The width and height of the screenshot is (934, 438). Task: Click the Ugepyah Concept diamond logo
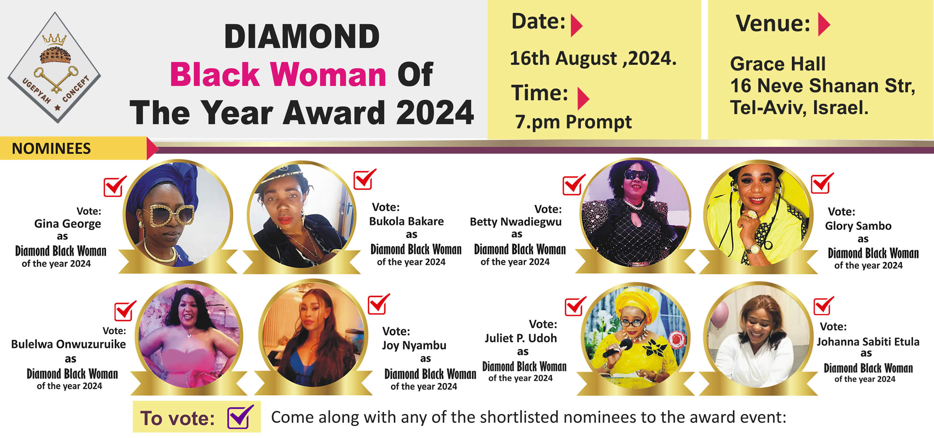coord(54,68)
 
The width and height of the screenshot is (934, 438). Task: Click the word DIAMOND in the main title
coord(302,36)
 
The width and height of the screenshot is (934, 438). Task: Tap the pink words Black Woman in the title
coord(278,74)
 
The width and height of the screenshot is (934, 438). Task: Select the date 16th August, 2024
coord(593,58)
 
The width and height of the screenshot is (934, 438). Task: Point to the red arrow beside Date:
coord(576,26)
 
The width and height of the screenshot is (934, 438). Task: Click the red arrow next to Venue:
coord(824,24)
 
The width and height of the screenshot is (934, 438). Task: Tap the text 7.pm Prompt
coord(573,122)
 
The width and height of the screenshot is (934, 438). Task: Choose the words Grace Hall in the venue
coord(778,64)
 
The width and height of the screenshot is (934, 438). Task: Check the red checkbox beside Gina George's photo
coord(115,187)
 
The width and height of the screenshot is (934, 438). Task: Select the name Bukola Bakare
coord(406,221)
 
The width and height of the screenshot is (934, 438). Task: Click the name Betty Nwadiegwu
coord(516,222)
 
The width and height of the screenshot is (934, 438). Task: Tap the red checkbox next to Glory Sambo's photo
coord(822,183)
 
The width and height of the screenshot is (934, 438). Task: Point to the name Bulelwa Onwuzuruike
coord(69,344)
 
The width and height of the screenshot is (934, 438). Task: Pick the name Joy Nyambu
coord(414,346)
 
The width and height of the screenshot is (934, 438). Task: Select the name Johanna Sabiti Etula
coord(868,342)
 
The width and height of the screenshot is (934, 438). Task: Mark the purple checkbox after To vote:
coord(240,417)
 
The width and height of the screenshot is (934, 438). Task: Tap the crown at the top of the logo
coord(54,39)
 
